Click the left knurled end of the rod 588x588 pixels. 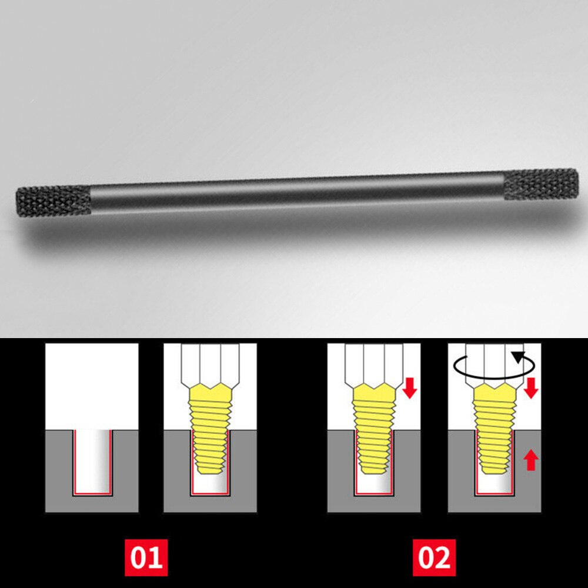pyautogui.click(x=53, y=201)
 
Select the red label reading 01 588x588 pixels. pyautogui.click(x=146, y=556)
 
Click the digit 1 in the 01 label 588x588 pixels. pyautogui.click(x=155, y=556)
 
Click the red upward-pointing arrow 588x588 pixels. pyautogui.click(x=531, y=459)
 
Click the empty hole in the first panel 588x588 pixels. pyautogui.click(x=92, y=460)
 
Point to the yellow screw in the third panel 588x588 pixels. pyautogui.click(x=373, y=426)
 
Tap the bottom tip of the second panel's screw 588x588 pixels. pyautogui.click(x=210, y=470)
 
